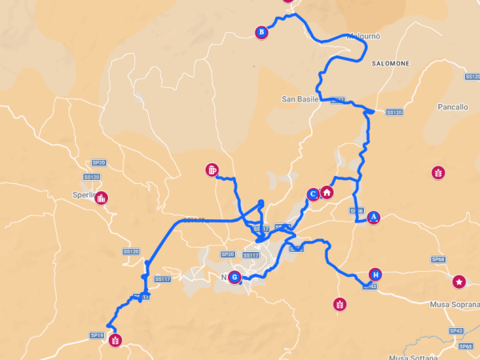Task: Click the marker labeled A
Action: click(374, 217)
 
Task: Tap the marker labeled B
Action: click(261, 32)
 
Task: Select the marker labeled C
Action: click(313, 194)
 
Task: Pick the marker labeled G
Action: click(234, 278)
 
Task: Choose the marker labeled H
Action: click(375, 274)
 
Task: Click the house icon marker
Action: click(326, 192)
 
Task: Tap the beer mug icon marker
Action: click(211, 170)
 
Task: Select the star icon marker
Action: click(459, 282)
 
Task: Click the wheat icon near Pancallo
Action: click(438, 172)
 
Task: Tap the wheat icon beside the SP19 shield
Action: click(115, 340)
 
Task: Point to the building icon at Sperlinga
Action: click(102, 198)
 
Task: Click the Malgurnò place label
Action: click(363, 37)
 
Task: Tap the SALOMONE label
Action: click(390, 63)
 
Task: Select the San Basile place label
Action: click(300, 99)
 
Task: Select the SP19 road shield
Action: click(97, 335)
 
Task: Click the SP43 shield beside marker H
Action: click(369, 286)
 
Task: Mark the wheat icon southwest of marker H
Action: click(340, 304)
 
